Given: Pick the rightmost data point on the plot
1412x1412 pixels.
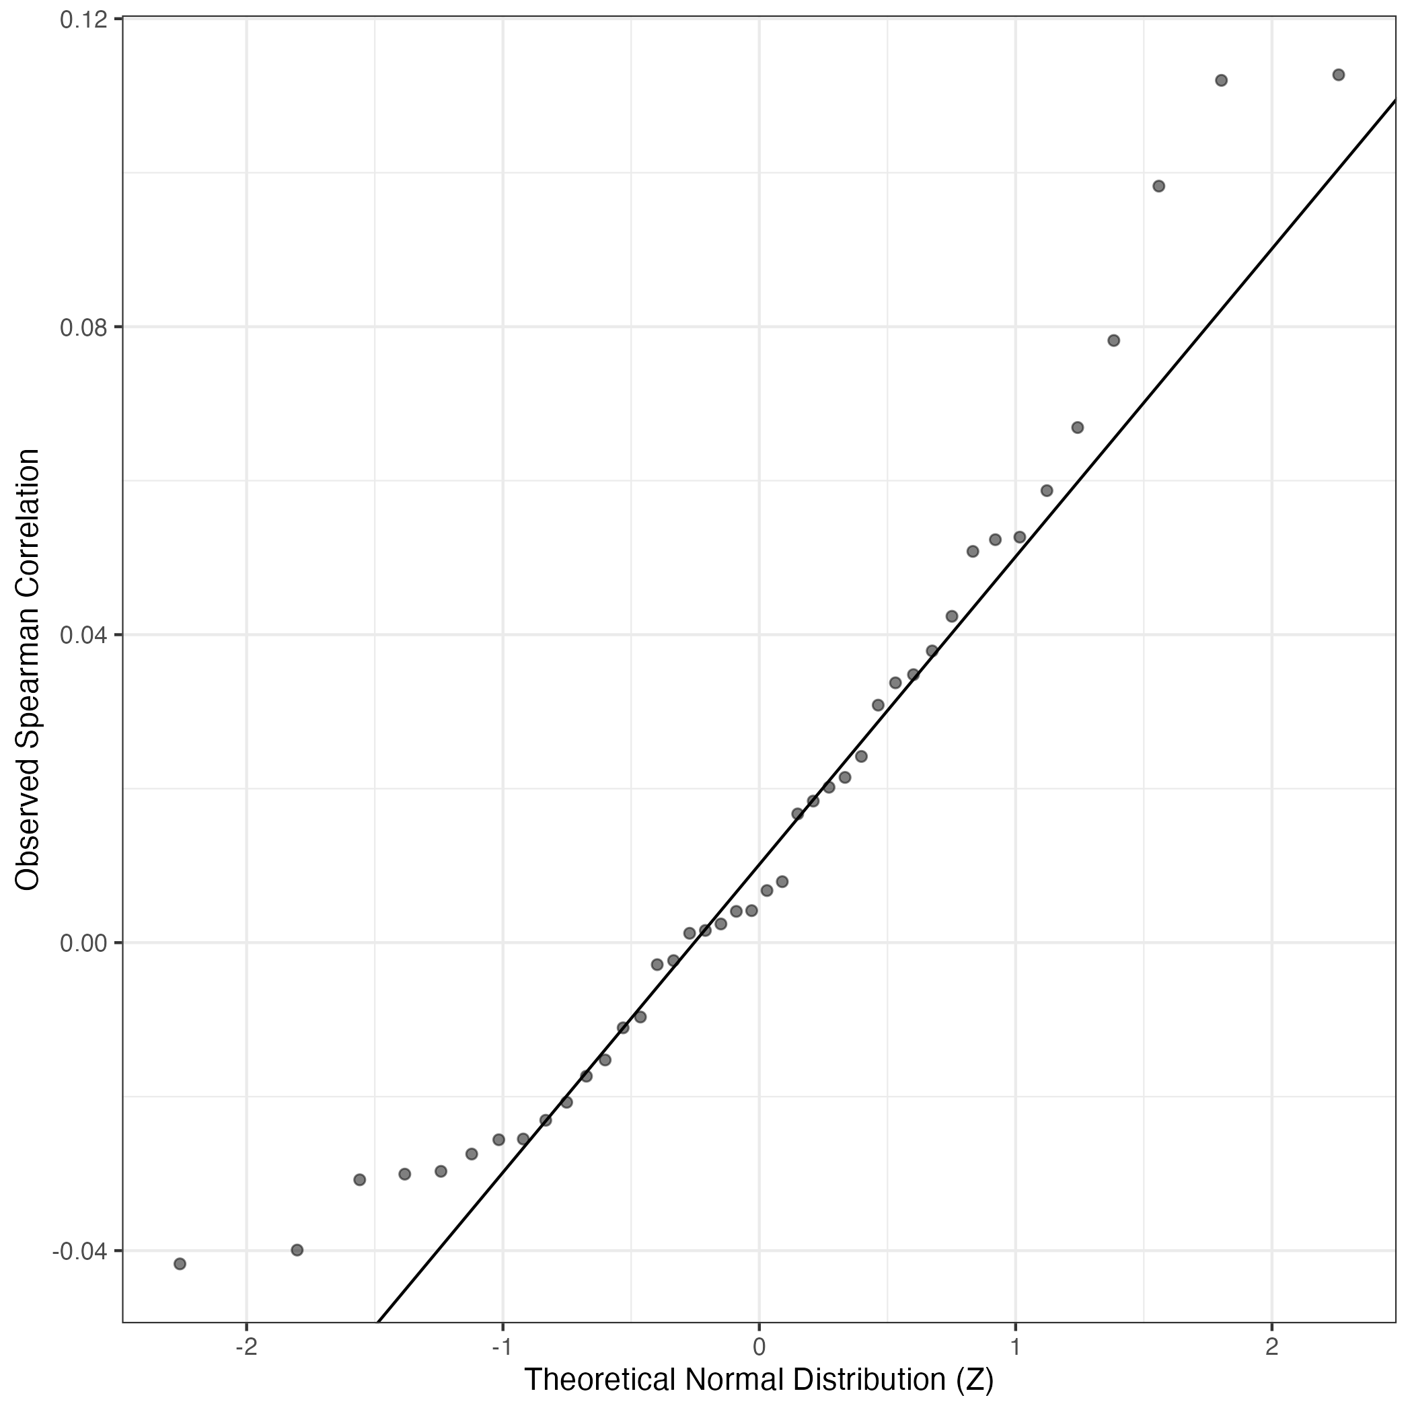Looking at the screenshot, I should pyautogui.click(x=1338, y=75).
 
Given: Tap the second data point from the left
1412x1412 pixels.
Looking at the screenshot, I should pyautogui.click(x=297, y=1250).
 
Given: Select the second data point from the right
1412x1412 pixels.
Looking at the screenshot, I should pyautogui.click(x=1221, y=81).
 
